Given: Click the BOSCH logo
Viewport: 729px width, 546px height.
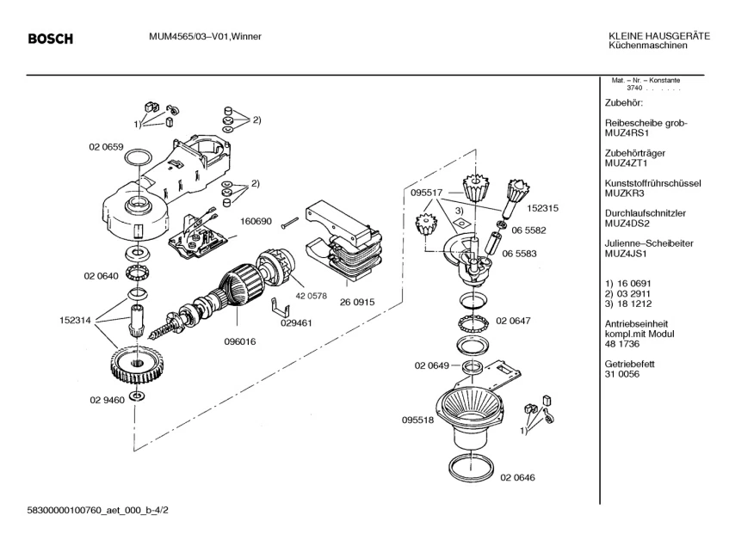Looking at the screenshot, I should coord(50,39).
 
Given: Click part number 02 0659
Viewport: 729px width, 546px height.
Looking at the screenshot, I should coord(105,147).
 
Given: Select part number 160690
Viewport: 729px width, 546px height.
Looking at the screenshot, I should coord(256,221).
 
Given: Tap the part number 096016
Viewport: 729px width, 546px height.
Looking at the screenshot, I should coord(240,340).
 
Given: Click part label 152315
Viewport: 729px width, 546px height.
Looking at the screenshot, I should coord(543,208).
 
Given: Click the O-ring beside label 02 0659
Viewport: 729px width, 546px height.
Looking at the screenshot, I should coord(136,158).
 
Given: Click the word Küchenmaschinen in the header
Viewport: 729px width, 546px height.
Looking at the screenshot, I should coord(643,45).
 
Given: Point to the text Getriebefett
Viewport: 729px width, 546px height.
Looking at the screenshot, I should coord(630,365).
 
